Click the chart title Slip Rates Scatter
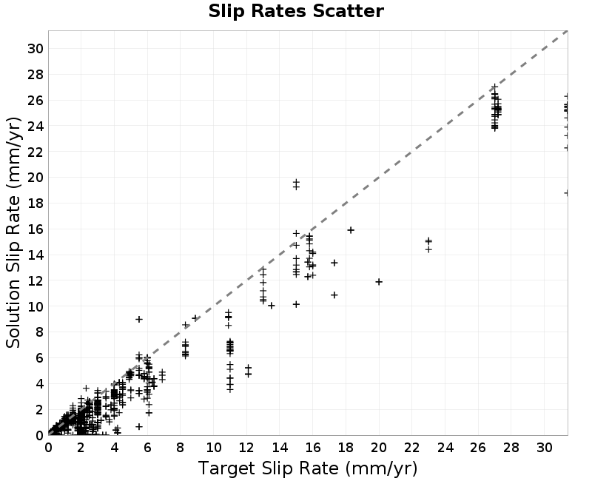coord(296,11)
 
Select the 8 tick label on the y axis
coord(40,332)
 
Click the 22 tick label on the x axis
coord(412,448)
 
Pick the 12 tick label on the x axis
coord(246,448)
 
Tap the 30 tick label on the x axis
coord(545,448)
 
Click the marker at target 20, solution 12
coord(379,282)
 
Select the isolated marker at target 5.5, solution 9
coord(139,320)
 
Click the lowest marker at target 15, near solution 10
coord(296,304)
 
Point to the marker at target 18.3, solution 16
coord(351,230)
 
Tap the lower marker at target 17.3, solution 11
coord(334,295)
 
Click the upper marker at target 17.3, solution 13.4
coord(334,263)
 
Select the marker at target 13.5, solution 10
coord(271,306)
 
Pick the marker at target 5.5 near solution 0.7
coord(139,427)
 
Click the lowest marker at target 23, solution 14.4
coord(428,249)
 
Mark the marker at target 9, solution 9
coord(195,318)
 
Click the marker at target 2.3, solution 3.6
coord(86,388)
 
